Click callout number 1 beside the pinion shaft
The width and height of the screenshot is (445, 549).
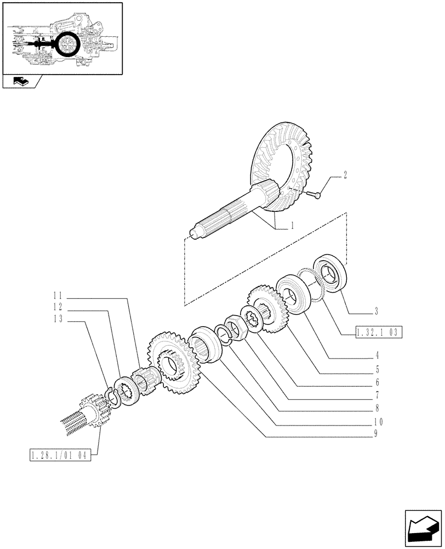point(293,226)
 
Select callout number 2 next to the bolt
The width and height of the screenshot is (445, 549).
point(345,176)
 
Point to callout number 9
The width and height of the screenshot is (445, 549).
point(377,436)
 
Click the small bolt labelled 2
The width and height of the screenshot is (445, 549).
point(313,193)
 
